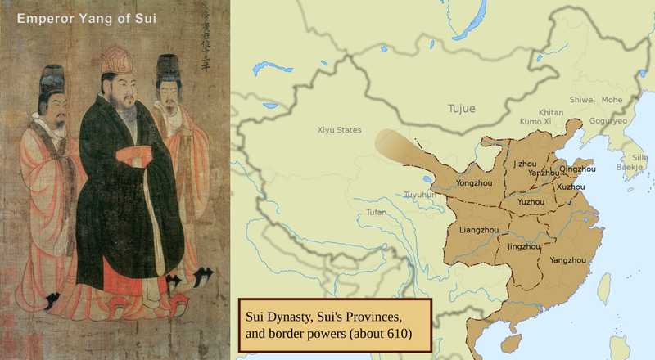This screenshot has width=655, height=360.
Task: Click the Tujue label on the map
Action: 460,109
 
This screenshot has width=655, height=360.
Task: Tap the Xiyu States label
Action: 339,130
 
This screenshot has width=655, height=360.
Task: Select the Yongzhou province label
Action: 475,182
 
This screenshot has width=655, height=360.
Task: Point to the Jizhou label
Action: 525,164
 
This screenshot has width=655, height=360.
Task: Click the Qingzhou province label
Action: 577,169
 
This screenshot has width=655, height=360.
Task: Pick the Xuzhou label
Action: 571,187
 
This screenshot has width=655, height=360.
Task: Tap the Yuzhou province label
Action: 531,201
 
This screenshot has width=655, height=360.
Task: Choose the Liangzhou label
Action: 479,230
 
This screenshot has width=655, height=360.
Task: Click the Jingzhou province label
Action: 524,245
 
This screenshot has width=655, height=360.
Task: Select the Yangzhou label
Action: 567,260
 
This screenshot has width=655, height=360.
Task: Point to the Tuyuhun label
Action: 420,196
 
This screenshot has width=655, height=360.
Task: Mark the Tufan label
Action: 376,213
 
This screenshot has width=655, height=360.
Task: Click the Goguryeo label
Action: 608,121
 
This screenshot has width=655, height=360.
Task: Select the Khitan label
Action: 551,112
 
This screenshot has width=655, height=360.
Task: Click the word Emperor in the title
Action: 42,17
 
